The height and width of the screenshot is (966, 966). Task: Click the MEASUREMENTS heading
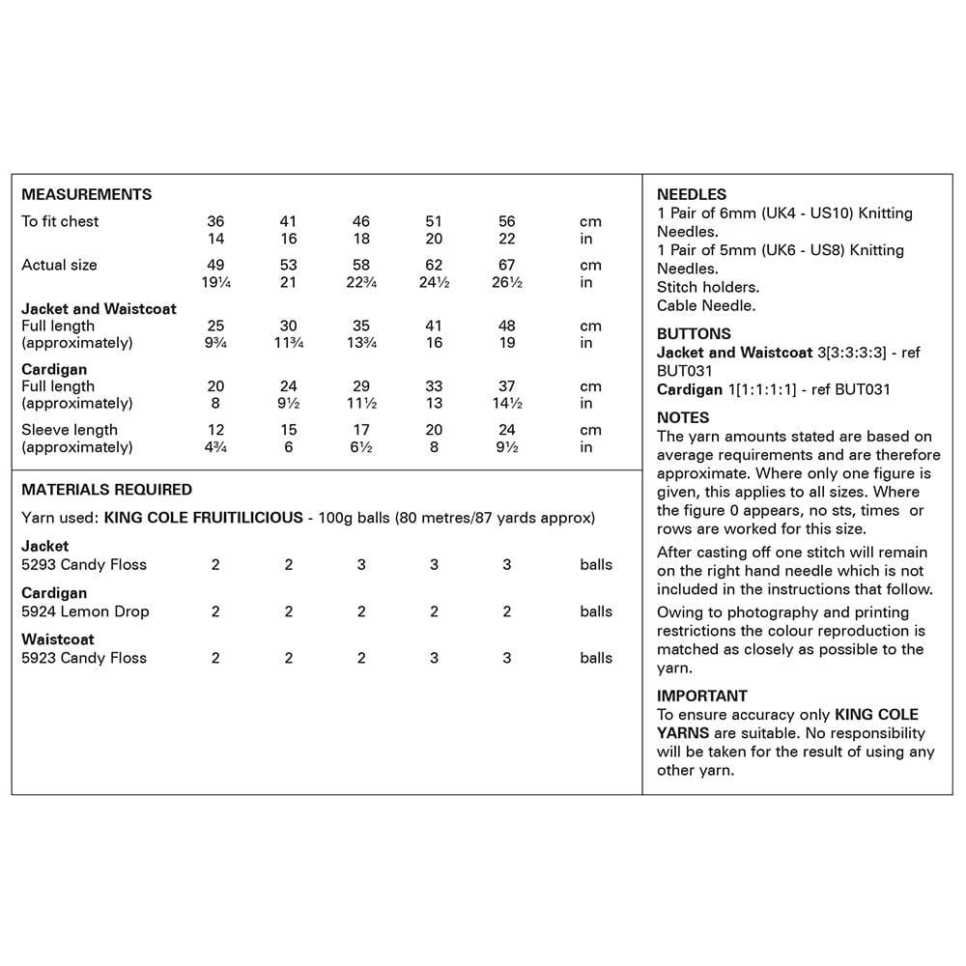pos(87,194)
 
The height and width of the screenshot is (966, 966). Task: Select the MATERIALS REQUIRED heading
pos(106,490)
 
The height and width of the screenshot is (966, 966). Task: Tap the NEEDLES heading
pos(692,194)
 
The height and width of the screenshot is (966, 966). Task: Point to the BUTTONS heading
pos(694,334)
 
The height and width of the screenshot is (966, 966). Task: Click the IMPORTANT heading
pos(702,696)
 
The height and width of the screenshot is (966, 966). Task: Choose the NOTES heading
pos(683,418)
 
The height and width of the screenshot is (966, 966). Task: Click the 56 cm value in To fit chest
pos(507,221)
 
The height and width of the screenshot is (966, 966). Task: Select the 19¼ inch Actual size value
pos(215,283)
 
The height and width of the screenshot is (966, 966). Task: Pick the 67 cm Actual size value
pos(507,265)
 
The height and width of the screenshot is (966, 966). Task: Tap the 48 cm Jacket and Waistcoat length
pos(507,327)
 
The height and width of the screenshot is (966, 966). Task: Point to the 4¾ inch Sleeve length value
pos(215,447)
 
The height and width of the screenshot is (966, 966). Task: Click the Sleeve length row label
pos(70,430)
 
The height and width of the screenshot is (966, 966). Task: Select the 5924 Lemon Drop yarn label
pos(85,611)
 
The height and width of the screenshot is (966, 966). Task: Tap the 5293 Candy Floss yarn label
pos(84,564)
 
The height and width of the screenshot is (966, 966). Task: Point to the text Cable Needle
pos(706,306)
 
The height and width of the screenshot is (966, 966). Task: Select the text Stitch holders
pos(708,288)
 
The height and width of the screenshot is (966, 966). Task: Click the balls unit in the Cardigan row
pos(596,611)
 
